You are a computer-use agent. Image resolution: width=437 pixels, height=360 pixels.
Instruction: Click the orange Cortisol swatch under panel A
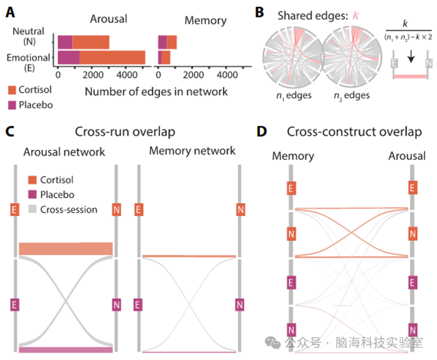click(13, 90)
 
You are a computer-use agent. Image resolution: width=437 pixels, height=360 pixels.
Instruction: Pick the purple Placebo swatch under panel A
click(13, 105)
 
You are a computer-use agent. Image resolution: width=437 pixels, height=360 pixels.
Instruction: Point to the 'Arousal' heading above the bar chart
click(108, 19)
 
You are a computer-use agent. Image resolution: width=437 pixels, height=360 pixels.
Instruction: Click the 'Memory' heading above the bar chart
click(205, 20)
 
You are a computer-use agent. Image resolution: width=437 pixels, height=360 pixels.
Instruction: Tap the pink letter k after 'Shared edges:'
click(356, 15)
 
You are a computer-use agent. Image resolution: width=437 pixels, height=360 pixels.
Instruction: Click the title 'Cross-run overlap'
click(125, 132)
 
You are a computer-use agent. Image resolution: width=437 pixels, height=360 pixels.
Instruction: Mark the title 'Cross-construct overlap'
click(354, 132)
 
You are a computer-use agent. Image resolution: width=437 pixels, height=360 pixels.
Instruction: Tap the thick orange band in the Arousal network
click(66, 248)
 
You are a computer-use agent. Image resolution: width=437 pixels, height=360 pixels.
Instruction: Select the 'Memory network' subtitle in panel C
click(192, 150)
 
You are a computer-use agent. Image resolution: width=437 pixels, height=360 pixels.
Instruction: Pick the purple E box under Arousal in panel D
click(412, 282)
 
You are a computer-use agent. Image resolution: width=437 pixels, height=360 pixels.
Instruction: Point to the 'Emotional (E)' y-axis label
click(28, 63)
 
